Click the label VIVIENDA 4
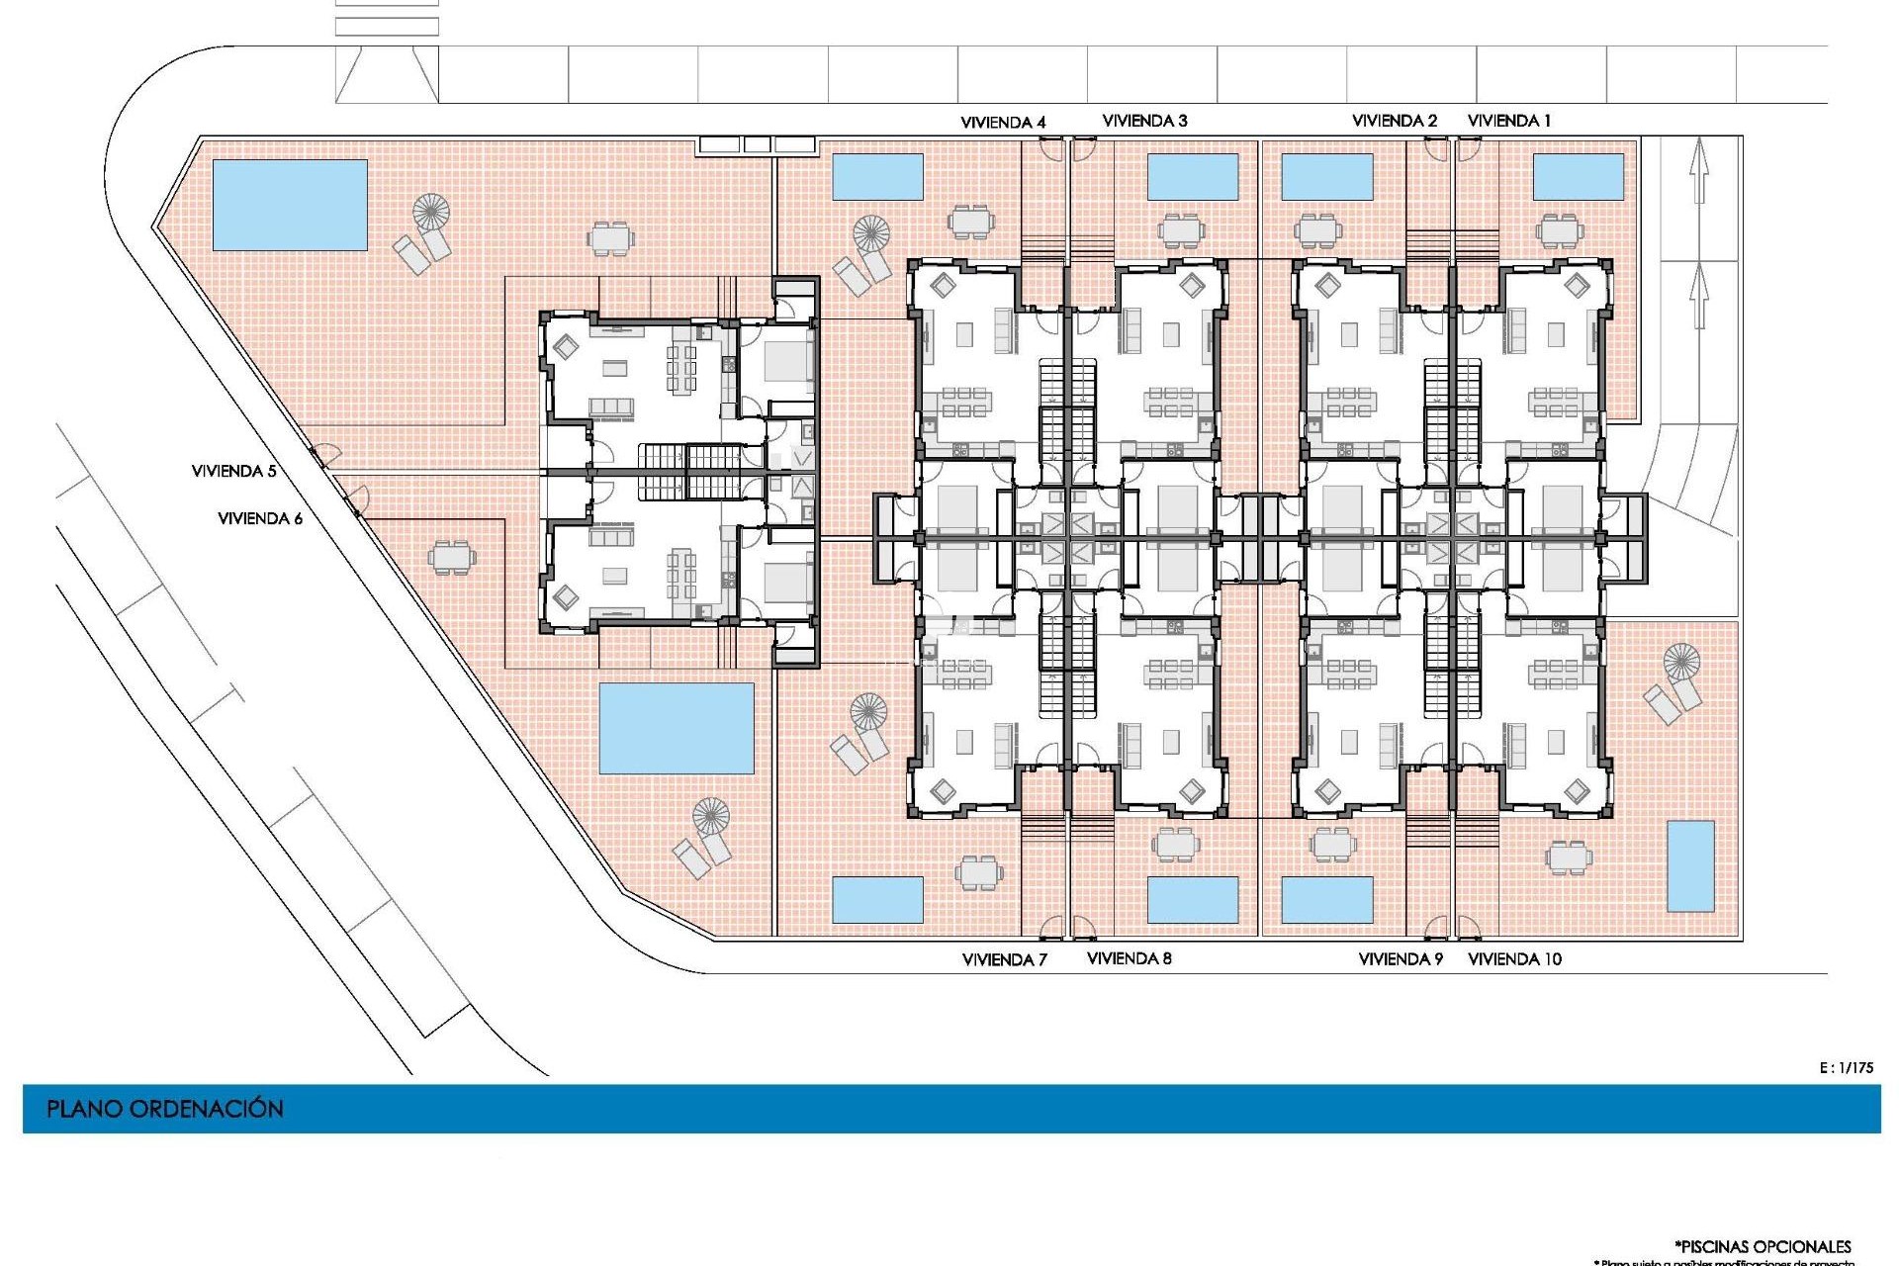point(1003,123)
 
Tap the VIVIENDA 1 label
point(1508,121)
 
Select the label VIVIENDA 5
point(233,471)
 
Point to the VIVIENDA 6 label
point(260,518)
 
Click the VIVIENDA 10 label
point(1514,958)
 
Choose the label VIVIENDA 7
point(1004,959)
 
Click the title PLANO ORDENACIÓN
point(165,1109)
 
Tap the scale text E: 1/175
point(1846,1067)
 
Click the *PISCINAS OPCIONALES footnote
point(1763,1246)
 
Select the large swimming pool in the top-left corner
point(290,205)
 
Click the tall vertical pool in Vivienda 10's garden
point(1690,865)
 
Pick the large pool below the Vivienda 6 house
point(677,728)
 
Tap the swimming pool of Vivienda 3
point(1192,176)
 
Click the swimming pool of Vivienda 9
point(1326,899)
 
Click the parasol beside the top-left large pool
point(430,212)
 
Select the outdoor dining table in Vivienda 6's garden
point(451,557)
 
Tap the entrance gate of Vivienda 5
point(321,456)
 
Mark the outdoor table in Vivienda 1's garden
point(1560,231)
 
